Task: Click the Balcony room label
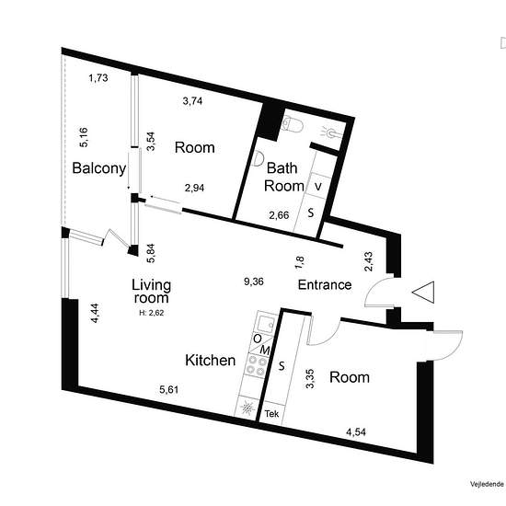coord(99,168)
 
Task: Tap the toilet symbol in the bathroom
coord(292,125)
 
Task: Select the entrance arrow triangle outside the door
coord(423,292)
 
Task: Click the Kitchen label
coord(211,360)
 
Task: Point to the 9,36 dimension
coord(254,282)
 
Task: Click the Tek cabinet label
coord(271,413)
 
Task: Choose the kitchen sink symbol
coord(266,322)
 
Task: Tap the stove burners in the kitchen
coord(257,365)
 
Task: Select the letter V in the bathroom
coord(318,187)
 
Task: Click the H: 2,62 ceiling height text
coord(152,313)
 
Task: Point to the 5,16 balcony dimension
coord(83,137)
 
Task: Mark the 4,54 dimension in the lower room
coord(356,431)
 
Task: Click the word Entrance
coord(325,284)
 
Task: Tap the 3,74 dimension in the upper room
coord(192,101)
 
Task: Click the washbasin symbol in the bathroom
coord(258,159)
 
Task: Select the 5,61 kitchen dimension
coord(168,390)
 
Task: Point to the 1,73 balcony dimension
coord(98,78)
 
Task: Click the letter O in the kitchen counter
coord(258,339)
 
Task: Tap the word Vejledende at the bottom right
coord(487,484)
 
